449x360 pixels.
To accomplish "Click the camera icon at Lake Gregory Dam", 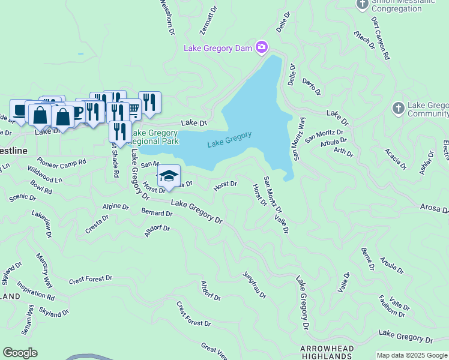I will (x=261, y=47).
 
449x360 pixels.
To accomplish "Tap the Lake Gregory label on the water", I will (x=229, y=140).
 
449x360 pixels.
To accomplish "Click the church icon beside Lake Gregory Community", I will (x=397, y=109).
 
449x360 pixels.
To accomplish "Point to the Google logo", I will (x=20, y=353).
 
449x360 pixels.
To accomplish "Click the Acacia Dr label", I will (x=396, y=159).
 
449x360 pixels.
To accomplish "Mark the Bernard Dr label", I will (x=157, y=213).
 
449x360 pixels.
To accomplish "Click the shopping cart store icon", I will (x=133, y=109).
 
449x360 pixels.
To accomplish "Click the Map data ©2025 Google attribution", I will (x=412, y=355).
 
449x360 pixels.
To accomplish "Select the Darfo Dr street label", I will (x=312, y=86).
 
